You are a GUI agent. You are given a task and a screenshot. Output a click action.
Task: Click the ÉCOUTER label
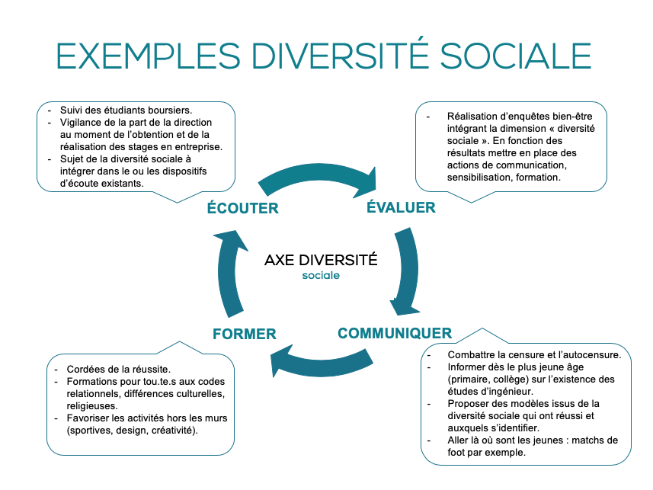coord(243,207)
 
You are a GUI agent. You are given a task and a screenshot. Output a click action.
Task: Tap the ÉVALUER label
coord(401,207)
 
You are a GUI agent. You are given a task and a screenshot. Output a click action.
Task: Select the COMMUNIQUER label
coord(395,333)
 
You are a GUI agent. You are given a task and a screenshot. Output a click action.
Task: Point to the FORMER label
coord(245,334)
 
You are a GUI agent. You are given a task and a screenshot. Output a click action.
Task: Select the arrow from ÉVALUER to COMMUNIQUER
coord(409,271)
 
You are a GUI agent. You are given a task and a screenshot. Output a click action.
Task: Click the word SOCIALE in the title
coord(516,56)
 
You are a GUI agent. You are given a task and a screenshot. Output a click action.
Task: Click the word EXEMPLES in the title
coord(149,56)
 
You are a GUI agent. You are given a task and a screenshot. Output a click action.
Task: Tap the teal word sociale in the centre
coord(321,275)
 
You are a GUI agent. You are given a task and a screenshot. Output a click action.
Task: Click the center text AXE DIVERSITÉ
coord(321,260)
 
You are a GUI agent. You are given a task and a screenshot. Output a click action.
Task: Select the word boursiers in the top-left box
coord(171,110)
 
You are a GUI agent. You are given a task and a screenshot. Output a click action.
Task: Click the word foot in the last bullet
coord(456,453)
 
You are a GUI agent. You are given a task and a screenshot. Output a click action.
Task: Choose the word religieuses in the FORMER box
coord(92,406)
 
